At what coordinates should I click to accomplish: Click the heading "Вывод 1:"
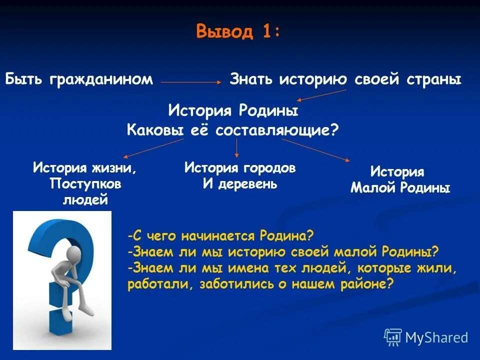(x=238, y=31)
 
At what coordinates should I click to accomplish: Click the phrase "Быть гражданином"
(x=79, y=79)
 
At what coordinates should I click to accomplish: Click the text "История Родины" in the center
(x=233, y=110)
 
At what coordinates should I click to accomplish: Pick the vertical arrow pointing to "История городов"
(x=236, y=148)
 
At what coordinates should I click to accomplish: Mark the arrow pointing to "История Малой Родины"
(x=315, y=149)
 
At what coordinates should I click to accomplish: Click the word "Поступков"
(x=85, y=183)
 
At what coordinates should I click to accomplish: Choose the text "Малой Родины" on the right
(x=400, y=188)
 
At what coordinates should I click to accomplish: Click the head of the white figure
(x=74, y=252)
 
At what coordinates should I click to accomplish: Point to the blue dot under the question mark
(x=61, y=320)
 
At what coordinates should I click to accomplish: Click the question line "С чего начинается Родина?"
(x=220, y=235)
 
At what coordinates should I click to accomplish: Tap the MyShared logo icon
(x=392, y=337)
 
